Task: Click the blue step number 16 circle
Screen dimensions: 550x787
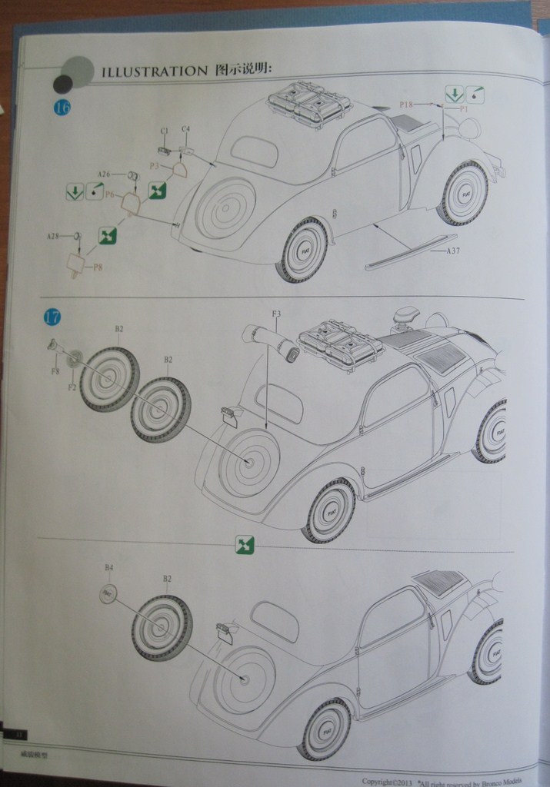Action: [x=62, y=108]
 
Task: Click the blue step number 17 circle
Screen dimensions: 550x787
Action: [x=52, y=317]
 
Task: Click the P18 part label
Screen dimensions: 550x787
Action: [x=407, y=104]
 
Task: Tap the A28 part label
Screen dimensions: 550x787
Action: [x=52, y=236]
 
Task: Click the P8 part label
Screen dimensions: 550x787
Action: [x=98, y=267]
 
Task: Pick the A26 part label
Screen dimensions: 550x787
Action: [x=105, y=174]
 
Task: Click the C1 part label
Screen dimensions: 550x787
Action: [x=164, y=131]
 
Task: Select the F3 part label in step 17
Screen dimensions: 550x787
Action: [x=276, y=314]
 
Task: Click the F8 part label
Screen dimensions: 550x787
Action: [x=55, y=371]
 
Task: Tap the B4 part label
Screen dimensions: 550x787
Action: [x=109, y=567]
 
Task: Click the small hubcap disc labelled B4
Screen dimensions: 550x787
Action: [x=108, y=593]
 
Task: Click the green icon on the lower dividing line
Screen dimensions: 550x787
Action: [x=245, y=545]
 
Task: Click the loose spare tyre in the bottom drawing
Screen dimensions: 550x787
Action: [x=162, y=627]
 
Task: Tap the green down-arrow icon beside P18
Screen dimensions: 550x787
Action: [x=454, y=95]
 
